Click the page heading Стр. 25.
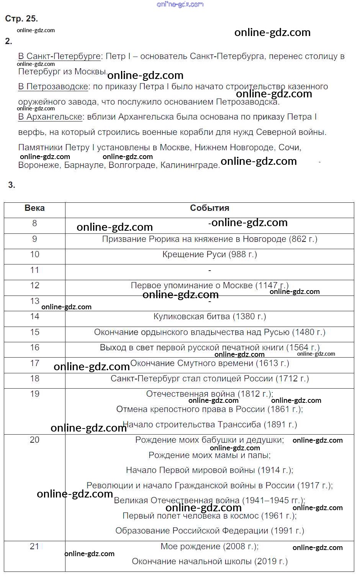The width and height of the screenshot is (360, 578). pos(21,19)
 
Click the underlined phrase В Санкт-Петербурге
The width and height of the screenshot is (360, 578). pos(59,56)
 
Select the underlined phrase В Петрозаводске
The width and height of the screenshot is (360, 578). pos(53,87)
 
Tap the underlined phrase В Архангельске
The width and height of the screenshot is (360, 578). pos(50,117)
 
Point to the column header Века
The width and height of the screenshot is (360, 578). pos(34,208)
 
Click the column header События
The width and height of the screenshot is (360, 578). pos(209,208)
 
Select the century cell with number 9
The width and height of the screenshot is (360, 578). pos(34,239)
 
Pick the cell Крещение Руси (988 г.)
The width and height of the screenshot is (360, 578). pos(209,255)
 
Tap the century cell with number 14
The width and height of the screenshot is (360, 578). pos(34,317)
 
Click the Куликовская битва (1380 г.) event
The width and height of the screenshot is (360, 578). pos(209,317)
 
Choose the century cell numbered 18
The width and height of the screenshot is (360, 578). pos(34,379)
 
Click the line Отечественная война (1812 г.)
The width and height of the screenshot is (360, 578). pos(209,394)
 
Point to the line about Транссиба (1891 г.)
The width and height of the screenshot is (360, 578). pos(209,425)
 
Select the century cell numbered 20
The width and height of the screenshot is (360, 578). pos(34,440)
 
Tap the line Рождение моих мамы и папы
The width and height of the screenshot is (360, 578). pos(209,455)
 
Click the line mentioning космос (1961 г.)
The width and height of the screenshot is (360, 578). pos(209,516)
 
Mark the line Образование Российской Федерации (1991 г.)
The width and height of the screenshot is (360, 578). pos(209,531)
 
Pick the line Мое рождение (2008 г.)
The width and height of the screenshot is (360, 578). pos(209,547)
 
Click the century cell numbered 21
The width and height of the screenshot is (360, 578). pos(34,547)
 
